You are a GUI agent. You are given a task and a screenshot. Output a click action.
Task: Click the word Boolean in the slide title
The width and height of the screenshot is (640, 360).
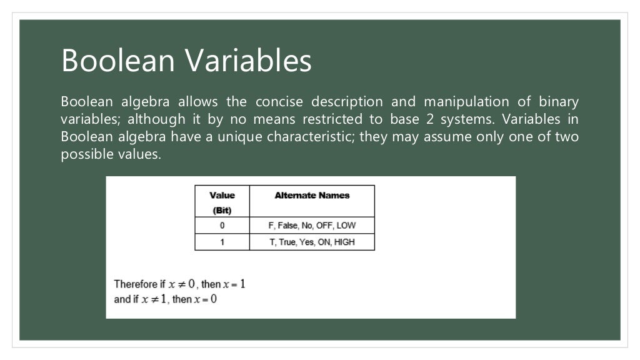[x=117, y=61]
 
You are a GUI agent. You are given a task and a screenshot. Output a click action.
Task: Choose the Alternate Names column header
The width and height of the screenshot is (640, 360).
[x=312, y=196]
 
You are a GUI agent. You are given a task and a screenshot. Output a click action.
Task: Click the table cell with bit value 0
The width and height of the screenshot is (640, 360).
[x=222, y=226]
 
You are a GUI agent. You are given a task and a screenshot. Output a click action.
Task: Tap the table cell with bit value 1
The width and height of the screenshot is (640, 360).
[x=222, y=242]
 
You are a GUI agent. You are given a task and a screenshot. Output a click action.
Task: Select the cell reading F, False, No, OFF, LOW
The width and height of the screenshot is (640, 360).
[x=312, y=226]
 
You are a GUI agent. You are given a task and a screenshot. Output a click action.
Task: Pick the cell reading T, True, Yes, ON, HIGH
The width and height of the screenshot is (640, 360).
[x=312, y=242]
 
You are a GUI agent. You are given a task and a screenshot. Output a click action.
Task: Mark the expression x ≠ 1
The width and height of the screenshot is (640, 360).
[x=154, y=299]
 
